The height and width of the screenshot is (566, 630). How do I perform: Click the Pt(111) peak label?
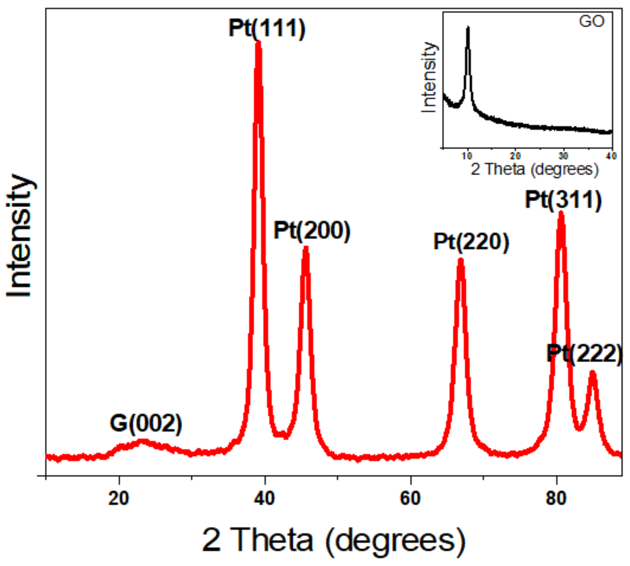pos(267,28)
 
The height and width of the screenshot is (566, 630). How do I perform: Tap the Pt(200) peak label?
pos(312,231)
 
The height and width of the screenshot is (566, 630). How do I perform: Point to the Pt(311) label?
pos(563,200)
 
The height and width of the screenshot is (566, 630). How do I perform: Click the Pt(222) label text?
pos(584,354)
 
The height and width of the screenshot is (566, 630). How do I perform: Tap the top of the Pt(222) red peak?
pos(592,373)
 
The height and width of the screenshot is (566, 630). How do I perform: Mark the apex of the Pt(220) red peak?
pos(460,260)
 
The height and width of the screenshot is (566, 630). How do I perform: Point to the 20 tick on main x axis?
pos(119,498)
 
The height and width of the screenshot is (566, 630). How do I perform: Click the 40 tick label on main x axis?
pos(265,498)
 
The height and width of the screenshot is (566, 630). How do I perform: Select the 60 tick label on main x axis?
pos(410,498)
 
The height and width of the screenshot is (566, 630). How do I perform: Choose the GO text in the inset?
pos(592,22)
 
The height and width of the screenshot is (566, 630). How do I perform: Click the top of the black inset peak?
pos(468,28)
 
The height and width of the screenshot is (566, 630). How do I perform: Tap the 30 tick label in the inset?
pos(563,156)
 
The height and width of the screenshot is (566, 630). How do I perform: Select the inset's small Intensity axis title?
pos(429,77)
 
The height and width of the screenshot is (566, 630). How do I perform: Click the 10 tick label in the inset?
pos(467,156)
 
